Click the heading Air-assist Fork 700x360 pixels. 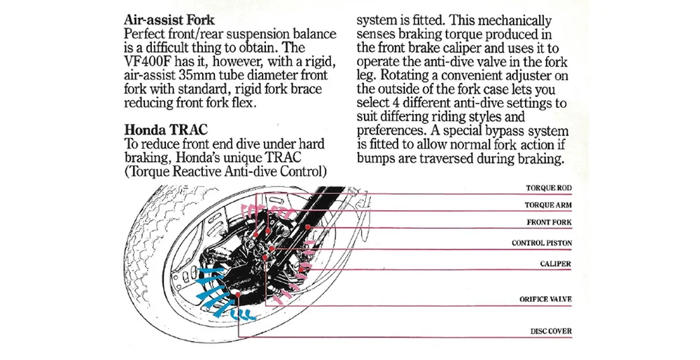pos(169,20)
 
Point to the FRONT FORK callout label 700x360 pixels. pos(549,223)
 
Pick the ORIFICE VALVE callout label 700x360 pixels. pos(546,299)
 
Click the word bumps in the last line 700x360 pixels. pos(378,159)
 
